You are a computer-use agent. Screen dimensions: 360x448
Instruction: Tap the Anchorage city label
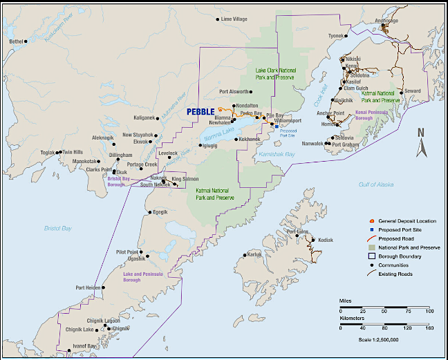coord(386,20)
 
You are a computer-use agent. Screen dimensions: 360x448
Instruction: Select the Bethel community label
coord(16,41)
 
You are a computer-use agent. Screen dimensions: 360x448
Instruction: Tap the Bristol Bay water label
coord(57,227)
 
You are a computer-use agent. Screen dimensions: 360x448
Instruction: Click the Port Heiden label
coord(88,287)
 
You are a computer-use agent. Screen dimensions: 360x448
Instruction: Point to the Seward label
coord(412,91)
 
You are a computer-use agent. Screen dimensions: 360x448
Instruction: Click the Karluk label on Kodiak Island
coord(254,254)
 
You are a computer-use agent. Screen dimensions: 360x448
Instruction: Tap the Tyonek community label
coord(336,35)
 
